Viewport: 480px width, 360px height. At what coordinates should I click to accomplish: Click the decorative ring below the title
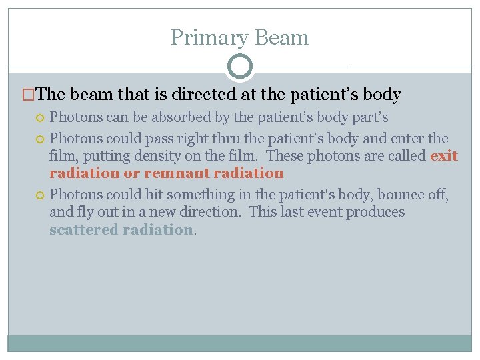coord(240,67)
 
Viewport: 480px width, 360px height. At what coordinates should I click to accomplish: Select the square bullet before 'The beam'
coord(27,95)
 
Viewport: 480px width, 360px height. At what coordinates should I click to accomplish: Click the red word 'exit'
coord(444,156)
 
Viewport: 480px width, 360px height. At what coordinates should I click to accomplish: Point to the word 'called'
coord(407,156)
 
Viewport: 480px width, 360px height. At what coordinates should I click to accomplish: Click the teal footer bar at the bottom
coord(240,343)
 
